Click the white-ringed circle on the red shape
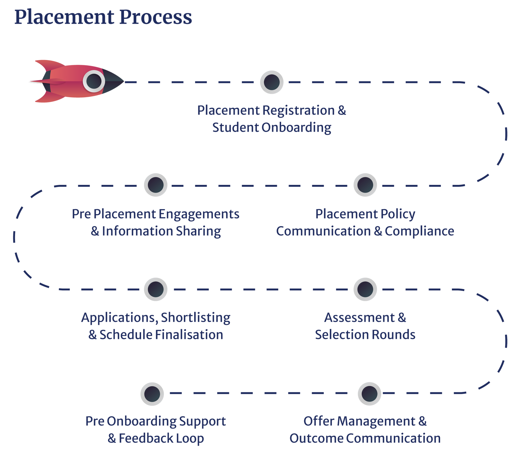(x=94, y=81)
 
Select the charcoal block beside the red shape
(x=114, y=68)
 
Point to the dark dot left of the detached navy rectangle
(x=272, y=82)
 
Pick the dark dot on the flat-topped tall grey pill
(x=156, y=185)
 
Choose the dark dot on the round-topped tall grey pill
(x=365, y=185)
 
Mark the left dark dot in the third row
(x=156, y=289)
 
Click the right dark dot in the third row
(x=365, y=289)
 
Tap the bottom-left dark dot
(x=152, y=394)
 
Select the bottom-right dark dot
(x=369, y=394)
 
